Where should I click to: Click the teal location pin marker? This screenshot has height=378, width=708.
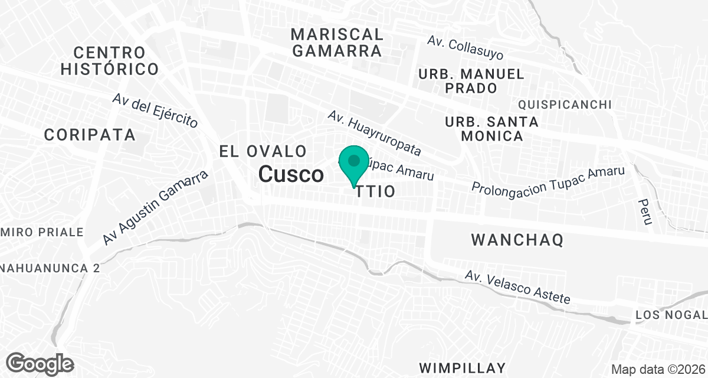(353, 164)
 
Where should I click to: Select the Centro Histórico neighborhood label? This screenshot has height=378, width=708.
(110, 61)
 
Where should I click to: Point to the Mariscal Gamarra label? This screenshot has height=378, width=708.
(337, 42)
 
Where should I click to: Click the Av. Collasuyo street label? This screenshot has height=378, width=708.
(466, 48)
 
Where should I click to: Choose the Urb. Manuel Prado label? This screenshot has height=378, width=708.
(471, 81)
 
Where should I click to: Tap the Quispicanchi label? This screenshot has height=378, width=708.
(564, 105)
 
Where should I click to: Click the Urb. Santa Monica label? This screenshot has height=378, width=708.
(491, 129)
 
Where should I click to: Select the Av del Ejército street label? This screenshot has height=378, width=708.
(155, 110)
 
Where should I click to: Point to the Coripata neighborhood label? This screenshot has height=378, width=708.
(90, 135)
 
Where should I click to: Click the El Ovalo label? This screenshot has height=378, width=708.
(263, 151)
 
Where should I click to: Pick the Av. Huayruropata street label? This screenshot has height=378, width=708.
(375, 133)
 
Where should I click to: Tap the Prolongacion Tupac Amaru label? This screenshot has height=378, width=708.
(548, 178)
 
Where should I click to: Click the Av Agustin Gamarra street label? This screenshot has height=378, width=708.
(156, 208)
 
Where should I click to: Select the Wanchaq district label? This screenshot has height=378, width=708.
(517, 240)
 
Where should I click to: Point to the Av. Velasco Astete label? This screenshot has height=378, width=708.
(517, 287)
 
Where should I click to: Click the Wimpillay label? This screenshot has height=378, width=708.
(463, 367)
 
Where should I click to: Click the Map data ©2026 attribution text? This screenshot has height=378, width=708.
(657, 369)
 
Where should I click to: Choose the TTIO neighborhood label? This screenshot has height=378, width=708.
(375, 192)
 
